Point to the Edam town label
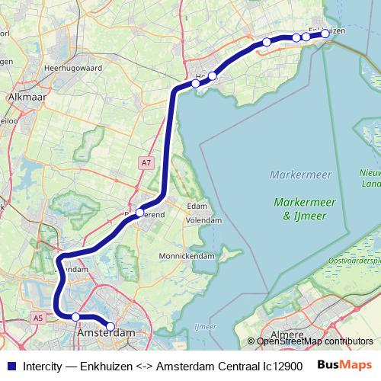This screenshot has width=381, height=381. pyautogui.click(x=197, y=207)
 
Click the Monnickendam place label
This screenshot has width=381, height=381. pyautogui.click(x=187, y=257)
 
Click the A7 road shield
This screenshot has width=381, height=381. pyautogui.click(x=146, y=162)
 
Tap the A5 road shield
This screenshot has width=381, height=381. pyautogui.click(x=38, y=318)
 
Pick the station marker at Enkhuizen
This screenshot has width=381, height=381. pyautogui.click(x=325, y=34)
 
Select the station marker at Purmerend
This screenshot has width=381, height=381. pyautogui.click(x=140, y=213)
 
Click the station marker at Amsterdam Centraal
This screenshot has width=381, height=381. pyautogui.click(x=110, y=327)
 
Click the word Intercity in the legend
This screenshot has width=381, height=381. pyautogui.click(x=43, y=366)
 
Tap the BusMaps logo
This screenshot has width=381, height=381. pyautogui.click(x=344, y=365)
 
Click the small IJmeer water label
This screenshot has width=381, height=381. pyautogui.click(x=205, y=327)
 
